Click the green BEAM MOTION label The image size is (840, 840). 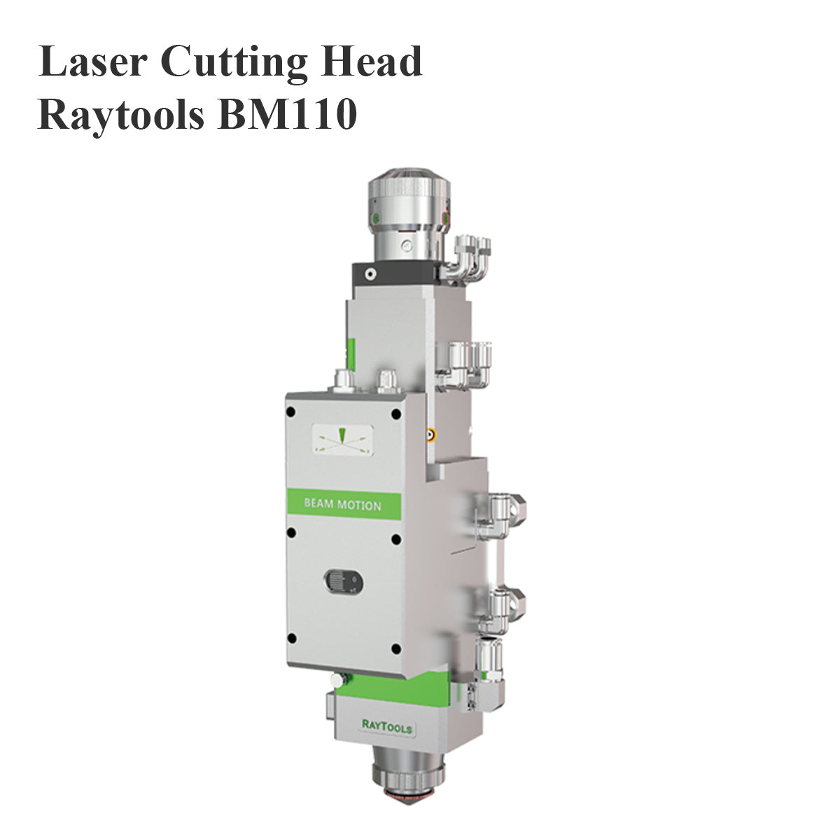point(343,505)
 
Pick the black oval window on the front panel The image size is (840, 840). point(342,581)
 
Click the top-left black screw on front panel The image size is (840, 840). point(292,414)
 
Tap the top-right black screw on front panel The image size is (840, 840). point(396,414)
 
